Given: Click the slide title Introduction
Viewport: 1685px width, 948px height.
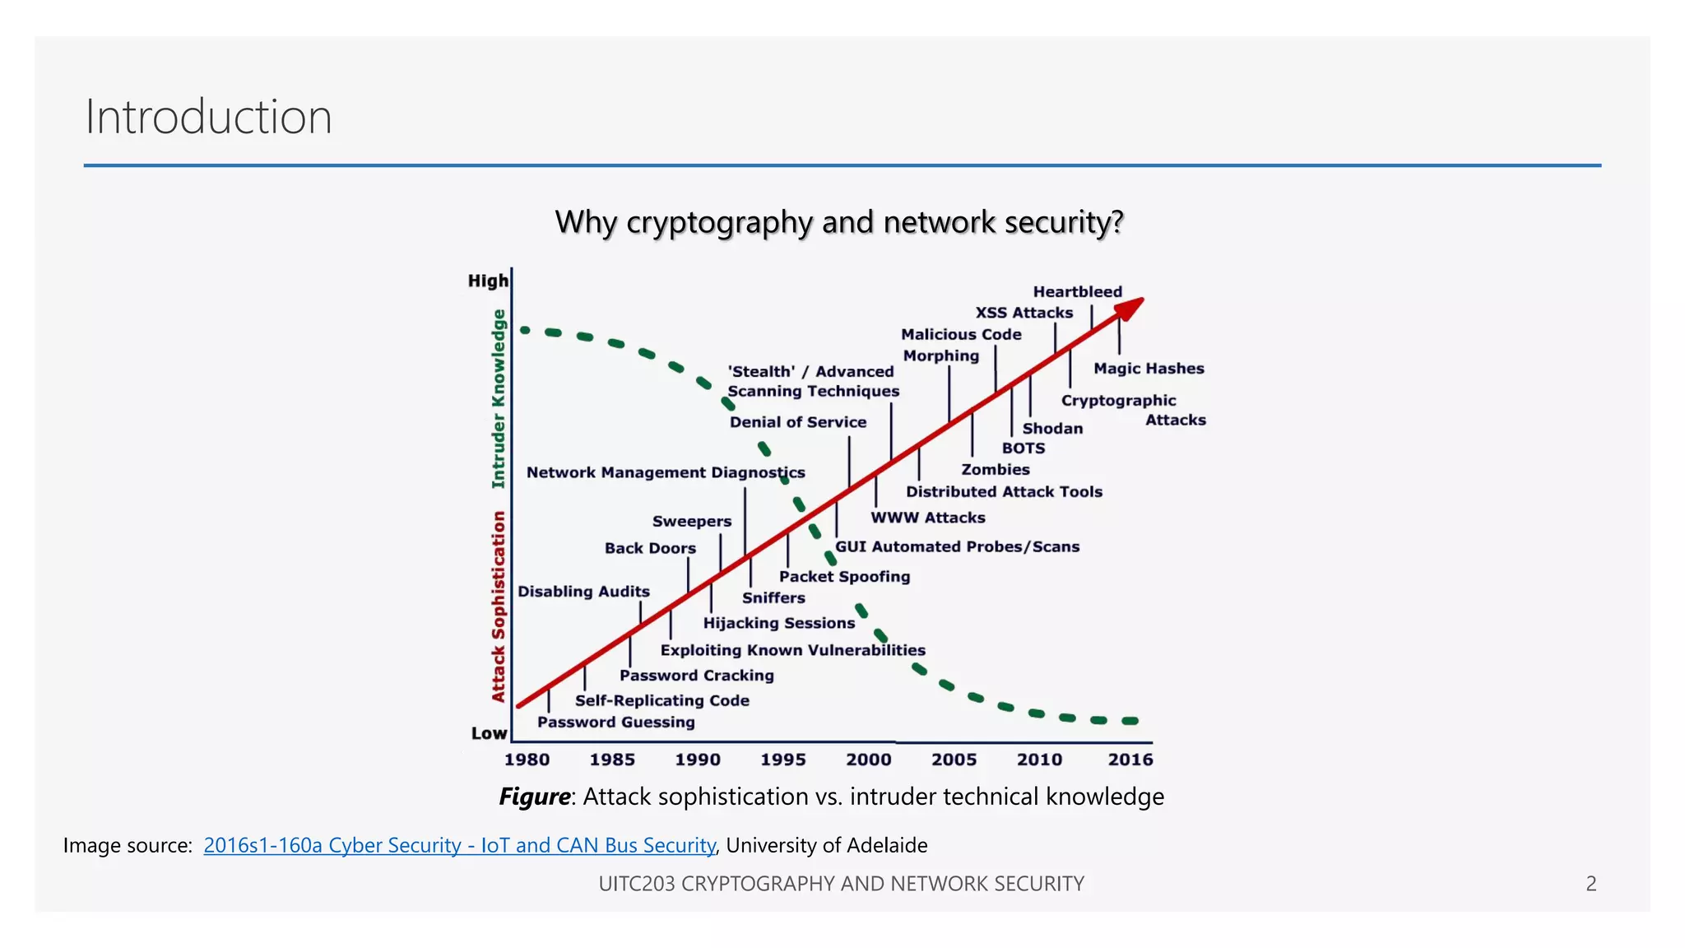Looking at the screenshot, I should pos(208,117).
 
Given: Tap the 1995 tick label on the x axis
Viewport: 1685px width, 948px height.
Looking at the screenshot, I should pos(782,760).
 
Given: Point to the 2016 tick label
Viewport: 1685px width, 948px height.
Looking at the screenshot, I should pos(1130,760).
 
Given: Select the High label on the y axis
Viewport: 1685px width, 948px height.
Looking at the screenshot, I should pos(488,281).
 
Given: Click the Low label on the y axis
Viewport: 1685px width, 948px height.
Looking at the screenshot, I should pos(489,733).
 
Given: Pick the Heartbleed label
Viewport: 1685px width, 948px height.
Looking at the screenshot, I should pos(1077,292).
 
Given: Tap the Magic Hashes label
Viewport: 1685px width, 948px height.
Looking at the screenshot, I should pos(1149,369).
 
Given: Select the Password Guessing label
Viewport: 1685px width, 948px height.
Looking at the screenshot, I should pos(615,723).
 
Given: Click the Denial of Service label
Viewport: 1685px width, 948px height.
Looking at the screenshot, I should pos(797,422).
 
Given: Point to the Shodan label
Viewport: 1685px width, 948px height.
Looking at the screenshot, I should pos(1052,429).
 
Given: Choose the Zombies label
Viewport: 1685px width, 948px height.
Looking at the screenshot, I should pos(996,470).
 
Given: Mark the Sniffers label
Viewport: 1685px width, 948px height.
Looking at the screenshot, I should pos(773,598).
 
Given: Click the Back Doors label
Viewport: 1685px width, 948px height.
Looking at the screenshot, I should pos(650,548).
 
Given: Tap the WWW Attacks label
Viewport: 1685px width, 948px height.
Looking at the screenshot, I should pos(928,518).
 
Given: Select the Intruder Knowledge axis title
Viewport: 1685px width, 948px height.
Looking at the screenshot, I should pos(498,399).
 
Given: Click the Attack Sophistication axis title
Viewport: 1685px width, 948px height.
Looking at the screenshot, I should pos(498,606).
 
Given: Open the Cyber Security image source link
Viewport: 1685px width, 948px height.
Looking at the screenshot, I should pos(459,845).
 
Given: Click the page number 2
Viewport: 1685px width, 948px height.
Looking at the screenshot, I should pos(1591,884).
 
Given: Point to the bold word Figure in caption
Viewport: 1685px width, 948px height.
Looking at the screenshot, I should pos(535,797).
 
